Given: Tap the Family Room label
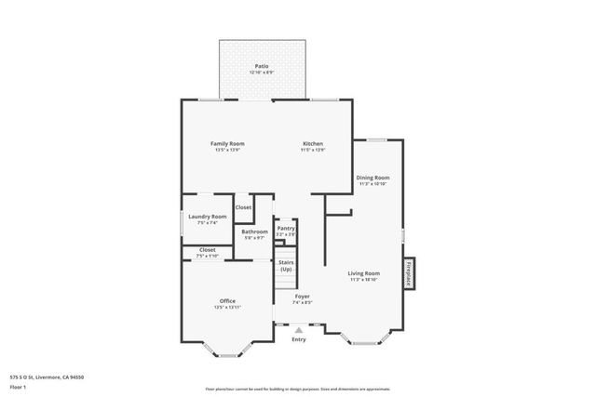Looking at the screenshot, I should (x=226, y=143).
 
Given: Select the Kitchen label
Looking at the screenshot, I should (x=312, y=143).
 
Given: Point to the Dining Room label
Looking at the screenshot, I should (x=372, y=177).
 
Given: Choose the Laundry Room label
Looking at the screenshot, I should (x=207, y=217).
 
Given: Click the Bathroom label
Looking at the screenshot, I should (x=254, y=232).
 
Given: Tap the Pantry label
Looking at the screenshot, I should (x=285, y=228).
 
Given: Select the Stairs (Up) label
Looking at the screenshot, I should (x=286, y=266).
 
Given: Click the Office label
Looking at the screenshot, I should (x=227, y=300).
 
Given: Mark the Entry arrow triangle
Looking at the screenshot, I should (x=298, y=329).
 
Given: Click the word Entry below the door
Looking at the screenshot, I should (x=298, y=339).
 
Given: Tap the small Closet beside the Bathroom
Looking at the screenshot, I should (x=243, y=207).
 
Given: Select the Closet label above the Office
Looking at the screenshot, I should (x=207, y=250).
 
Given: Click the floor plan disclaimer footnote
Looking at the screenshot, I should (x=297, y=388).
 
